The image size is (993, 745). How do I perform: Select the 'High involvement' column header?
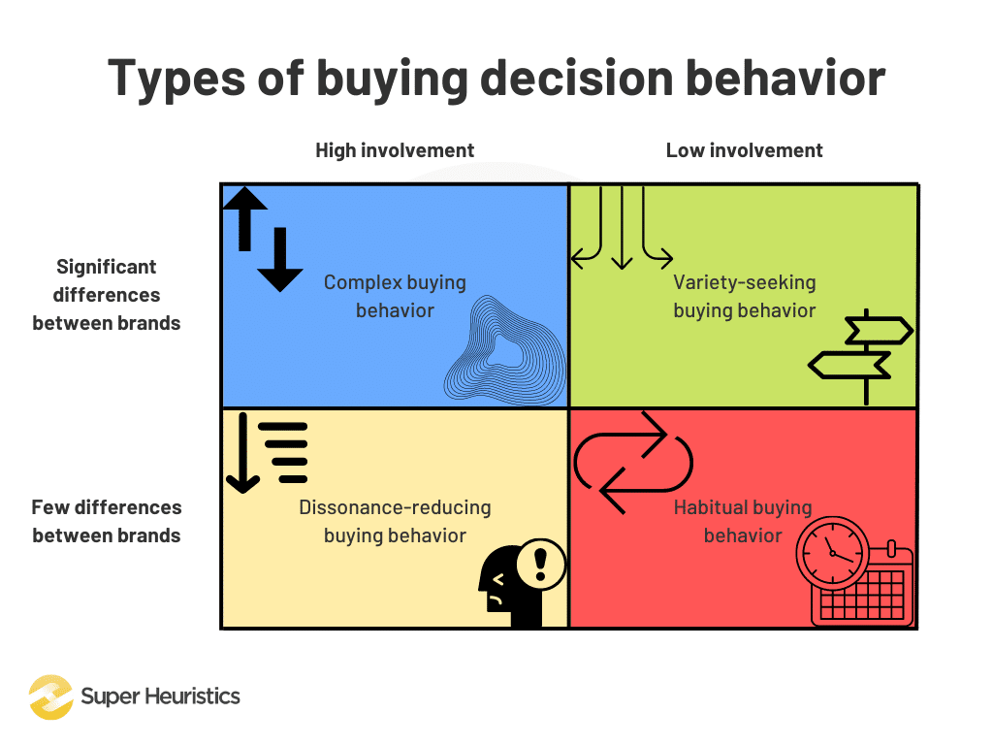(395, 150)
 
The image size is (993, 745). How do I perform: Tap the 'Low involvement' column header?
(744, 150)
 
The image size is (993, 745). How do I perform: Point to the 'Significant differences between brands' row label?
(107, 295)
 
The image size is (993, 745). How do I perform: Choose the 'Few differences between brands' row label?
(107, 521)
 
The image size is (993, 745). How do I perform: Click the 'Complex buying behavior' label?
(395, 297)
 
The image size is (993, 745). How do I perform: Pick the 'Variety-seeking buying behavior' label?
(744, 297)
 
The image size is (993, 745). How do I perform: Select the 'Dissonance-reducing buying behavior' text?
(395, 521)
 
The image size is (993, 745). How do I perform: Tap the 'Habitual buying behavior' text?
(743, 521)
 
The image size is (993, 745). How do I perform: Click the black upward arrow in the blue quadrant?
(246, 217)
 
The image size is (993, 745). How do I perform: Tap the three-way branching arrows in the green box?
(622, 228)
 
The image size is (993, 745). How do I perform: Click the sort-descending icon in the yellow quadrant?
(267, 452)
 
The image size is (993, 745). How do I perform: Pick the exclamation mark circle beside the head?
(541, 563)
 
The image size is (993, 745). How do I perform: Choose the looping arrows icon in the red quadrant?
(633, 462)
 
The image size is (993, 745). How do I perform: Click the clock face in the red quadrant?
(832, 554)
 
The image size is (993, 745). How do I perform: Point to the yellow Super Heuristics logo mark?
(50, 696)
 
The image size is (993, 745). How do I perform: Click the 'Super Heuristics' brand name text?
(160, 696)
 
